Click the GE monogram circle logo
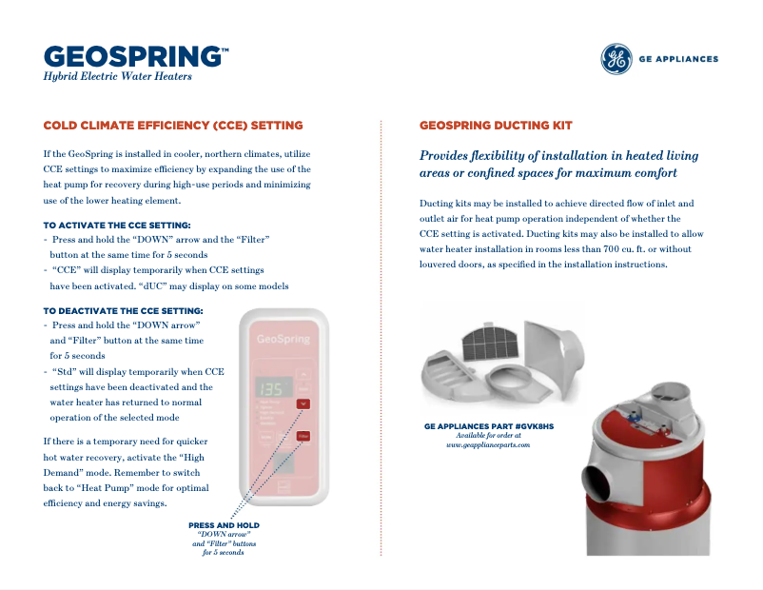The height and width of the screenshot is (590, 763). (x=616, y=59)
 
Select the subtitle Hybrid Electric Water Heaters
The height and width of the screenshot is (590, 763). (x=118, y=76)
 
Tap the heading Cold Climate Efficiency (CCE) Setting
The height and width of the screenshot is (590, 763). (x=173, y=126)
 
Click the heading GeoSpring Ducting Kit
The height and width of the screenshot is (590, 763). (x=496, y=126)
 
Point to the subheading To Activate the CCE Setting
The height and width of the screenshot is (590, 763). (x=117, y=226)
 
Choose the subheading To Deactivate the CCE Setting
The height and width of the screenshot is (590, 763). (x=124, y=311)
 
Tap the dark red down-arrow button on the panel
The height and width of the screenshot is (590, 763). (x=303, y=403)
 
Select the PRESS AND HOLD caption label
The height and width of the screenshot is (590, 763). (x=224, y=525)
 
